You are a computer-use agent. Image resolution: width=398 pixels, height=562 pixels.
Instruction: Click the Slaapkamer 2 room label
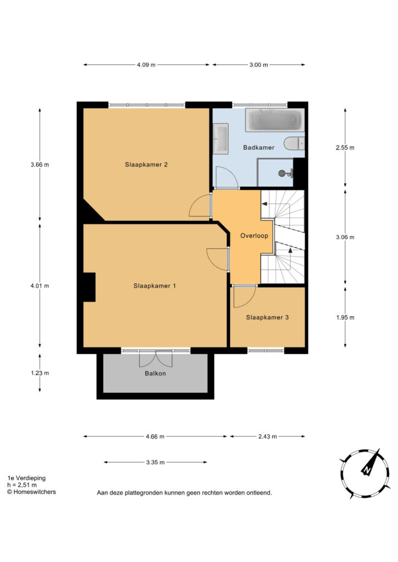point(146,165)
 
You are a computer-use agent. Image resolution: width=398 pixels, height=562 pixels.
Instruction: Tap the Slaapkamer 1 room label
point(154,285)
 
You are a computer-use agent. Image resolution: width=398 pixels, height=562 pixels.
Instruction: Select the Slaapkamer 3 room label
point(267,317)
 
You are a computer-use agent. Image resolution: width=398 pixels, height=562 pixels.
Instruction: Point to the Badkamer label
point(258,147)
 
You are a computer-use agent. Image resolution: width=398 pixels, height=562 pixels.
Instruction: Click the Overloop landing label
point(254,235)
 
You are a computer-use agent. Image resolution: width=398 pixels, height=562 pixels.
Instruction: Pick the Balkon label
point(155,373)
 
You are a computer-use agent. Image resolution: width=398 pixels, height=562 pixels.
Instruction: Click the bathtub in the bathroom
point(275,120)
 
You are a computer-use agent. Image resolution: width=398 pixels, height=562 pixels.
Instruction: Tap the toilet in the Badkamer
point(294,143)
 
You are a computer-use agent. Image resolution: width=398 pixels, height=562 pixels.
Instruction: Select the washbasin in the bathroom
point(220,139)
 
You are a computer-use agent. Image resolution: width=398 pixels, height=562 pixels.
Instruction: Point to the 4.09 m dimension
point(146,65)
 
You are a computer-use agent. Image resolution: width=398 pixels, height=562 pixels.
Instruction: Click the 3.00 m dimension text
point(259,65)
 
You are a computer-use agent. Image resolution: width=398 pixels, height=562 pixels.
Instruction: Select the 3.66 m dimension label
point(40,165)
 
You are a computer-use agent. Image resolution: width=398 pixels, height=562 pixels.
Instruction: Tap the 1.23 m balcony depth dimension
point(40,373)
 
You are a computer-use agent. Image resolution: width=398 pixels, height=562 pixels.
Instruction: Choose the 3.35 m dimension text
point(156,462)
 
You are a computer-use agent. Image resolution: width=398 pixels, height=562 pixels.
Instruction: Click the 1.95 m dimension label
point(345,317)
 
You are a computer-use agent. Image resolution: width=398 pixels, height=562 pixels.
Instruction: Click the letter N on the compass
point(367,470)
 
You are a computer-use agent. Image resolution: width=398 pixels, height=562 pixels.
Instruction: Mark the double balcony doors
point(156,358)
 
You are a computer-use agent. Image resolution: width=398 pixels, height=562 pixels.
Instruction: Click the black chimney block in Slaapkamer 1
point(90,287)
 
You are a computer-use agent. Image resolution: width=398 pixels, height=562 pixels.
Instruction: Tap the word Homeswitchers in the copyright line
point(35,492)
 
